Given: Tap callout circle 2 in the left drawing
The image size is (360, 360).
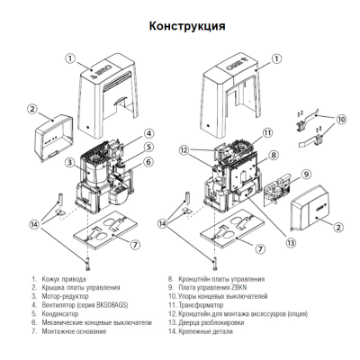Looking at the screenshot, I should [x=31, y=110].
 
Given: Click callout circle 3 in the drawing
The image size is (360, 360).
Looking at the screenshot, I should [x=68, y=162].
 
